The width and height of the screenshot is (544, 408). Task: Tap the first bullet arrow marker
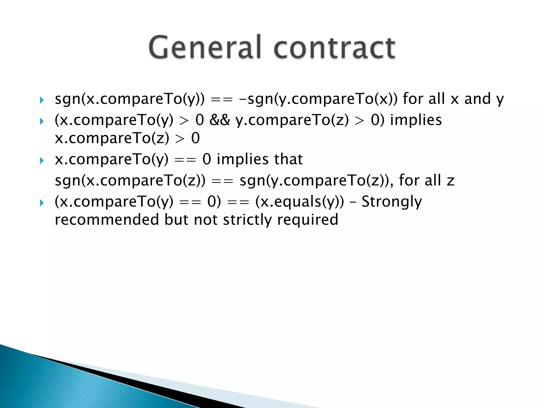click(41, 100)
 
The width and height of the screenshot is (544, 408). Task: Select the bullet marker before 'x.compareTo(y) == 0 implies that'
click(41, 160)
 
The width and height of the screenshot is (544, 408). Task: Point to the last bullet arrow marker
click(41, 203)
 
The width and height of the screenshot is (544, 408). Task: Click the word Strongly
click(392, 202)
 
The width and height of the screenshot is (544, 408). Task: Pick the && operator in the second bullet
click(219, 120)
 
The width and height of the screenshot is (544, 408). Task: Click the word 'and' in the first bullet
click(477, 99)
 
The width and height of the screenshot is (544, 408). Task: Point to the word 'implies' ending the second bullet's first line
click(416, 120)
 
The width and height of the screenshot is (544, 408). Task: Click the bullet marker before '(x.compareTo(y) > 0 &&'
click(41, 121)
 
